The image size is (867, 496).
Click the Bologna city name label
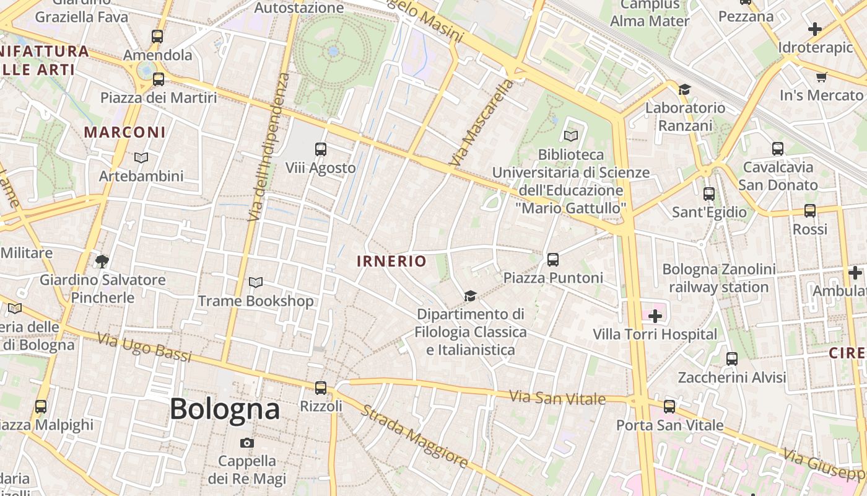(x=225, y=409)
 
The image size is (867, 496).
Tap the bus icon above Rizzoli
(x=321, y=388)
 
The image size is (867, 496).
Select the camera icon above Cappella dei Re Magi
(x=247, y=443)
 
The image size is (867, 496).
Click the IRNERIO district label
(x=391, y=261)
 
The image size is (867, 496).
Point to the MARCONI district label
(x=125, y=132)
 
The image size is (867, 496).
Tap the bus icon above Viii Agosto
(x=321, y=149)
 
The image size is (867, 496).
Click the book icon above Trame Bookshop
(x=255, y=283)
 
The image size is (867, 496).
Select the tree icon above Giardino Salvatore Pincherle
(x=102, y=260)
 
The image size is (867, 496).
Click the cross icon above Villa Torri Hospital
(x=655, y=316)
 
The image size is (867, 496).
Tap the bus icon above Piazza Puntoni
(x=553, y=260)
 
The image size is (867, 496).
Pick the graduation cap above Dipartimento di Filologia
(x=471, y=296)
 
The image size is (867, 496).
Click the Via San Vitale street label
(x=557, y=397)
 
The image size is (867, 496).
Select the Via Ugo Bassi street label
(x=144, y=347)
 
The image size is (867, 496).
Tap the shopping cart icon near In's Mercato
(x=822, y=77)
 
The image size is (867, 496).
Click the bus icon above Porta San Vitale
(x=669, y=407)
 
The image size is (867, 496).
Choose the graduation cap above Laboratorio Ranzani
(x=684, y=90)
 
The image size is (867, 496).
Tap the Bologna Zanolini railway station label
(x=719, y=278)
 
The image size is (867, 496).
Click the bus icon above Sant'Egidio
(x=709, y=194)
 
